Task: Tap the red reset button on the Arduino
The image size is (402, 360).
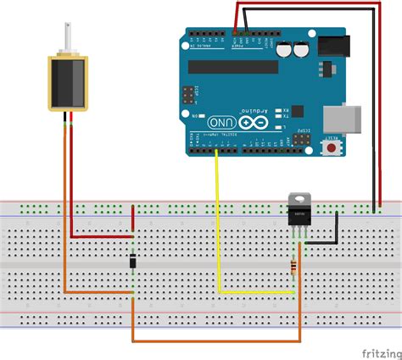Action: click(330, 148)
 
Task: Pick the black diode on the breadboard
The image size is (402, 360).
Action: click(133, 263)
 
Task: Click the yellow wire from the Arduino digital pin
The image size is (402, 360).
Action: click(218, 229)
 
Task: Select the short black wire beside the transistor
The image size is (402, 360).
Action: click(327, 241)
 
